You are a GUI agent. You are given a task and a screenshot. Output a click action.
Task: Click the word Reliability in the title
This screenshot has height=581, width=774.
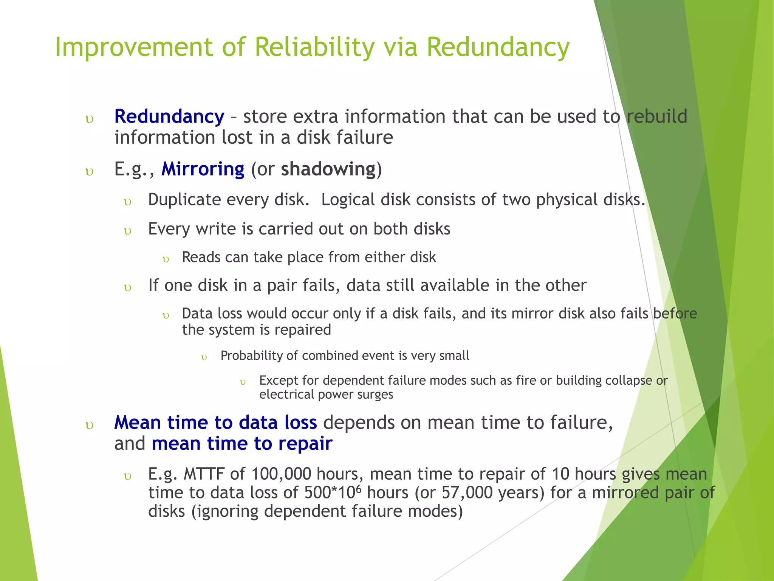314,48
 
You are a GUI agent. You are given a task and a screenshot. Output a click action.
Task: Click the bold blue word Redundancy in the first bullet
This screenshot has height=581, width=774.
169,117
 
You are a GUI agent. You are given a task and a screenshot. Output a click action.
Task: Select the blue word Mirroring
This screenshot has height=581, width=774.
203,169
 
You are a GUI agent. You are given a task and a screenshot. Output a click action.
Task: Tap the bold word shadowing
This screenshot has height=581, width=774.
328,169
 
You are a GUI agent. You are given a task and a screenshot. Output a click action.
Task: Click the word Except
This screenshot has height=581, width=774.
278,381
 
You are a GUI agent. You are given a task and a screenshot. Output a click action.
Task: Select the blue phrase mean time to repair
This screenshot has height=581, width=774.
242,444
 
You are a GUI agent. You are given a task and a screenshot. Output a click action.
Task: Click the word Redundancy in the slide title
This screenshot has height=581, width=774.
498,48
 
